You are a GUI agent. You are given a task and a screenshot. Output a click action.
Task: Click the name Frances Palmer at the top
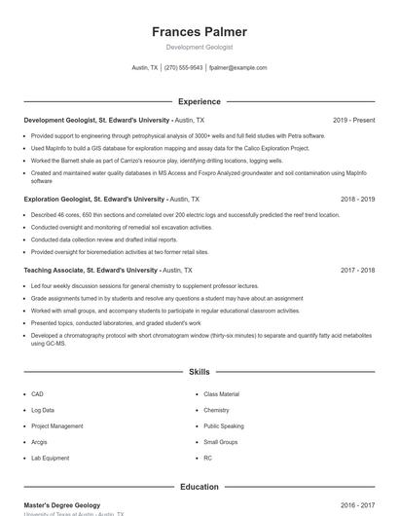tap(199, 31)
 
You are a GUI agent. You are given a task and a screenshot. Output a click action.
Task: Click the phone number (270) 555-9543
tap(183, 68)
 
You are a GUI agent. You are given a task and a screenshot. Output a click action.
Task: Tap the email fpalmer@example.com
tap(237, 68)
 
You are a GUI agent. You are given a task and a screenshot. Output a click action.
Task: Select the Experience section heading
tap(199, 101)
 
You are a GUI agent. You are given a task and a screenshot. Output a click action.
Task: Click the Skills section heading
tap(199, 372)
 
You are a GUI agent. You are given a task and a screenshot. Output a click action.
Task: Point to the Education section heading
tap(199, 487)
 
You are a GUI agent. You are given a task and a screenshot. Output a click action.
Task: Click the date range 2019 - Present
tap(353, 121)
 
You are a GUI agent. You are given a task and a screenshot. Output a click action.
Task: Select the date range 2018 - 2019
tap(356, 199)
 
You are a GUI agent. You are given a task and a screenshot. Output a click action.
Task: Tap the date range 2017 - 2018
tap(356, 270)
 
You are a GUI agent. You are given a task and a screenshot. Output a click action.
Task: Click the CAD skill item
tap(37, 394)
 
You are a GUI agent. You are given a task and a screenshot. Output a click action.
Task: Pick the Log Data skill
tap(43, 410)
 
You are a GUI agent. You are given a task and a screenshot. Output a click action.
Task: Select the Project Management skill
tap(56, 425)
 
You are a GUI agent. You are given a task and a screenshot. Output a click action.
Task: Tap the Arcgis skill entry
tap(40, 442)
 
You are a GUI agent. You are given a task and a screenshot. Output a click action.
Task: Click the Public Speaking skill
tap(224, 425)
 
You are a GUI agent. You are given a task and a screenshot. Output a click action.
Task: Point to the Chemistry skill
tap(217, 410)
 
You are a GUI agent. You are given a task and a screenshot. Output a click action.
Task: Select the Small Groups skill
tap(221, 442)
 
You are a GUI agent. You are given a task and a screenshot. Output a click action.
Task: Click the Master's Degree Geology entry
tap(62, 505)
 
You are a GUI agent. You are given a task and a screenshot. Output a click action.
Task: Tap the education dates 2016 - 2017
tap(356, 505)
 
